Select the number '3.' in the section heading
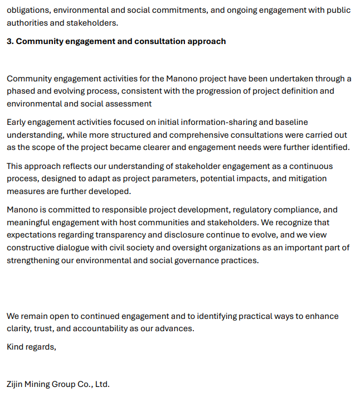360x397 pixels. pyautogui.click(x=10, y=41)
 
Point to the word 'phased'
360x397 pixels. pyautogui.click(x=21, y=91)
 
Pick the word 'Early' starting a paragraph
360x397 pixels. pyautogui.click(x=17, y=122)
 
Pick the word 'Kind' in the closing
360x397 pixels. pyautogui.click(x=16, y=347)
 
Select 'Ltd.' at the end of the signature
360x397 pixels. pyautogui.click(x=101, y=384)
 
